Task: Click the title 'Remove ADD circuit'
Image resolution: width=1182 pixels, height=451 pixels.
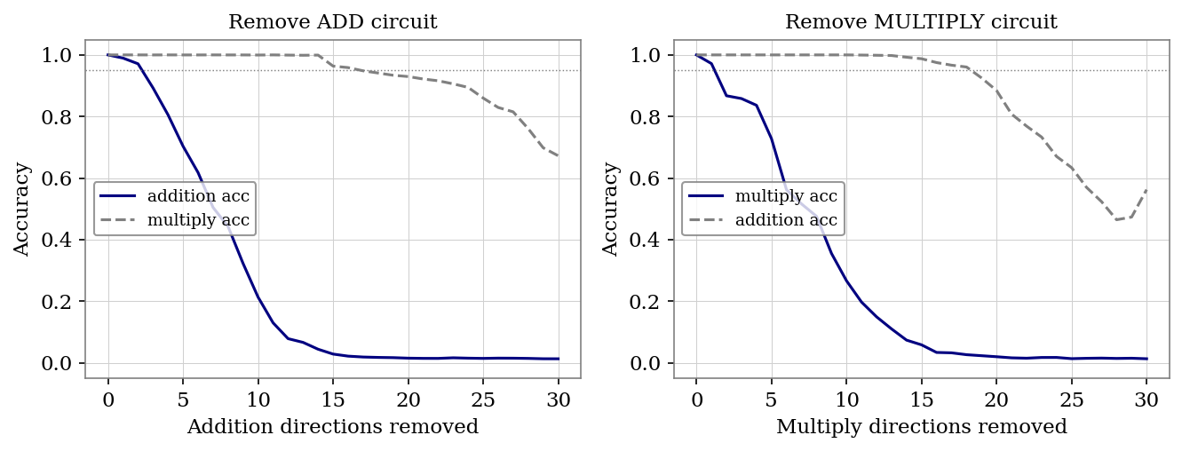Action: (x=332, y=22)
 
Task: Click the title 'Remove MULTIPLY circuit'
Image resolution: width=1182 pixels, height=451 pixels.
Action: (x=921, y=22)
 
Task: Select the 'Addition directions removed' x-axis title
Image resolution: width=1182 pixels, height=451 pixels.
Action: (x=332, y=427)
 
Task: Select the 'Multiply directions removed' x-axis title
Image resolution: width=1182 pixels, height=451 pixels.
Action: (x=921, y=427)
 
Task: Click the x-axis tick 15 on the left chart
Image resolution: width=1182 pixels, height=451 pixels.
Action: (x=333, y=399)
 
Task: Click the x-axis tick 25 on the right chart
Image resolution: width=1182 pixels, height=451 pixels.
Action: (x=1072, y=399)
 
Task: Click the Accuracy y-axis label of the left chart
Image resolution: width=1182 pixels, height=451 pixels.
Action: (x=22, y=209)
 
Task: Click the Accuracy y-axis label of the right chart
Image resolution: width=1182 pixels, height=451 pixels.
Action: (x=611, y=209)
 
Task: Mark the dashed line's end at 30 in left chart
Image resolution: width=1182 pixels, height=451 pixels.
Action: (x=559, y=156)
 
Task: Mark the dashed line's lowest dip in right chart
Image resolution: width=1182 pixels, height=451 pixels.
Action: (x=1116, y=219)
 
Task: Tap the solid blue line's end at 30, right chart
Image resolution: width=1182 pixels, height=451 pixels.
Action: (x=1146, y=359)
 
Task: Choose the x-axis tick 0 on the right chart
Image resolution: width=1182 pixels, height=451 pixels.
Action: (x=696, y=399)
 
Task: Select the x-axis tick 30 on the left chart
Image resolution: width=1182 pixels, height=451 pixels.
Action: (x=559, y=399)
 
